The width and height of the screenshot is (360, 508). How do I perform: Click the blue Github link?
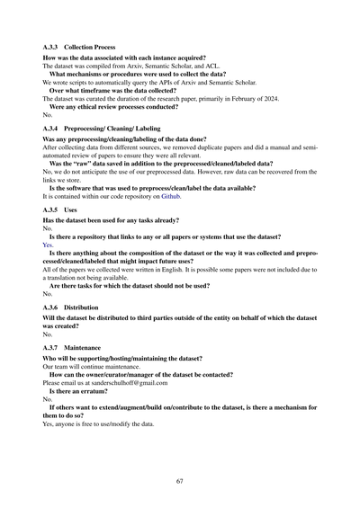click(x=170, y=193)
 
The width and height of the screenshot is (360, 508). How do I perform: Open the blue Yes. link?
click(x=49, y=243)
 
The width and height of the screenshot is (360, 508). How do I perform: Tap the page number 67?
click(x=180, y=482)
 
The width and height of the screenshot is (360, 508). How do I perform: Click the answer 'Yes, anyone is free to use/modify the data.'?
click(x=104, y=423)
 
